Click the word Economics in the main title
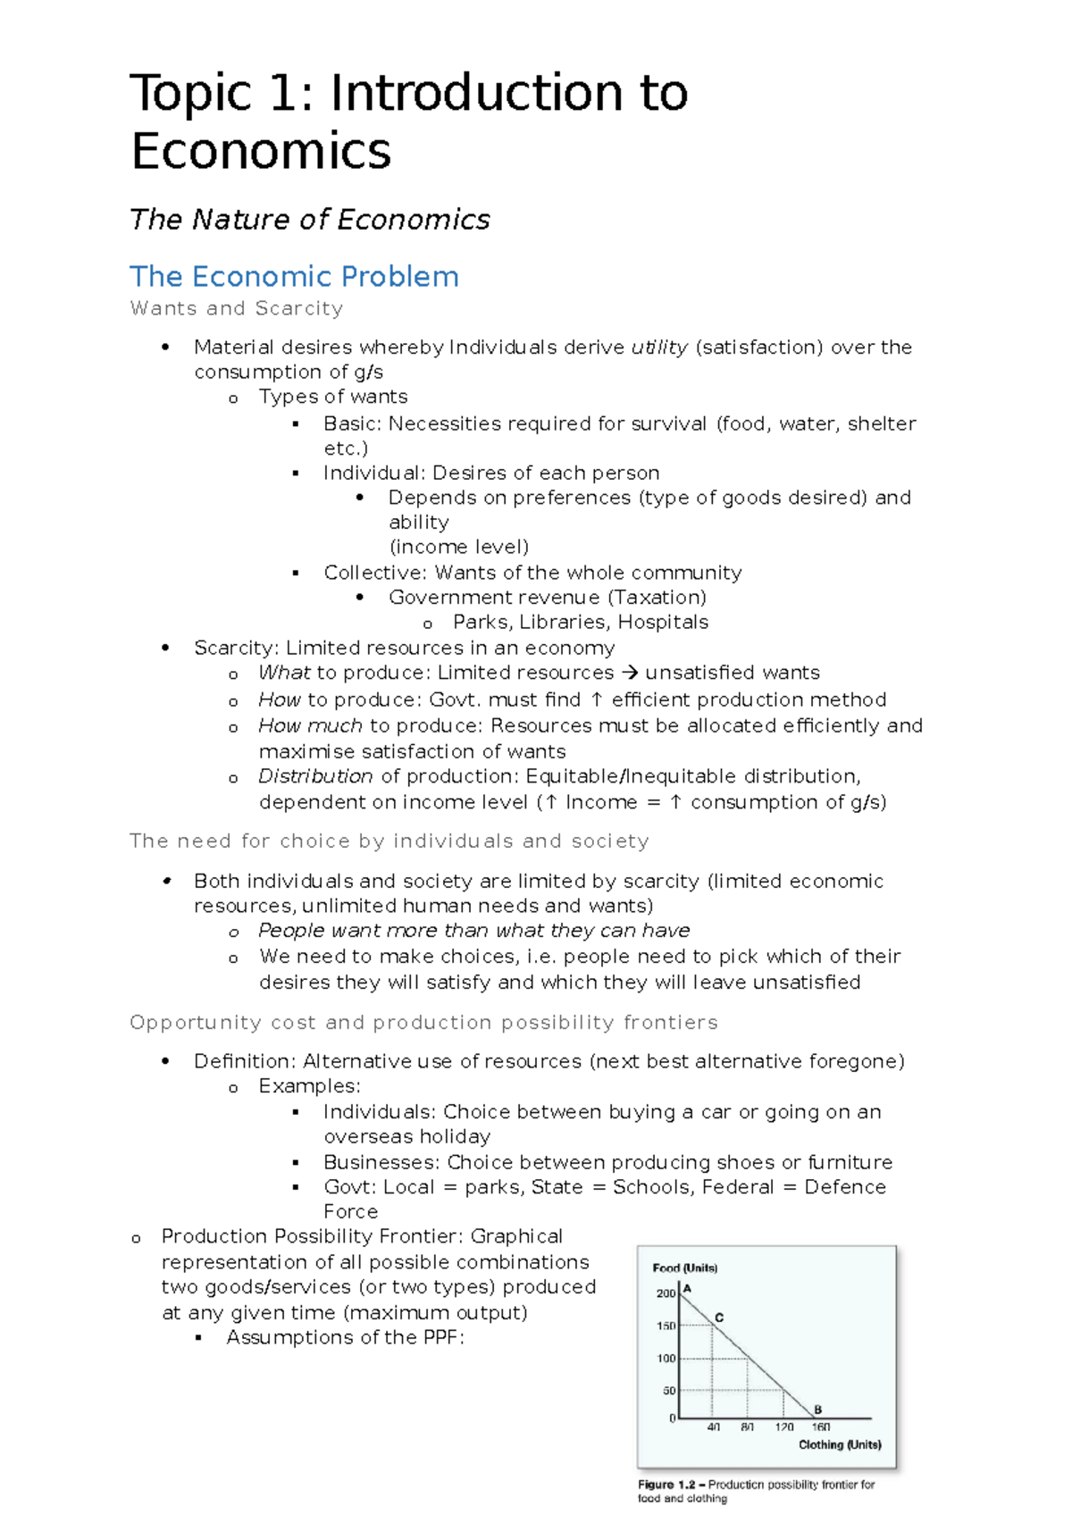tap(261, 150)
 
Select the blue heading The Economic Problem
tap(294, 276)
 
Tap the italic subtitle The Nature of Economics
tap(309, 219)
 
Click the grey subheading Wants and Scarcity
tap(236, 308)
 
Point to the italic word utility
tap(659, 347)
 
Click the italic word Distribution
tap(315, 776)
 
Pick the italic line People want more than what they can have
tap(473, 930)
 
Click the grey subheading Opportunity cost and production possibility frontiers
tap(423, 1022)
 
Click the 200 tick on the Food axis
tap(666, 1293)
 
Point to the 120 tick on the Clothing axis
tap(784, 1427)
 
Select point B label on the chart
tap(817, 1410)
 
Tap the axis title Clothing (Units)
tap(840, 1444)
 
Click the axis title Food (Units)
tap(685, 1268)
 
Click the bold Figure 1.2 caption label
tap(666, 1485)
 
